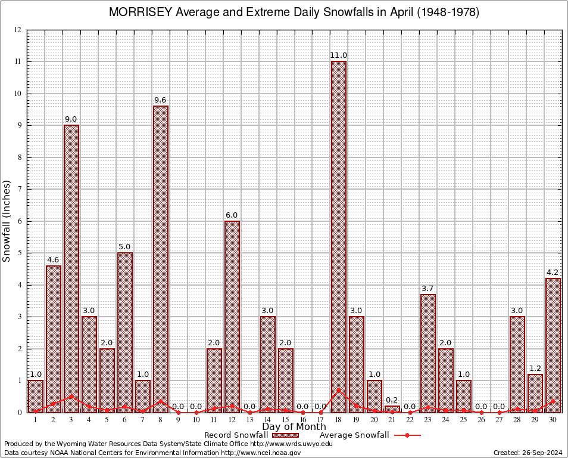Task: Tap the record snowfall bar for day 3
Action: (71, 268)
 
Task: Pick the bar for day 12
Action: (232, 316)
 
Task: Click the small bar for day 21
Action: (392, 409)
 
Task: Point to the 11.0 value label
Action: (339, 55)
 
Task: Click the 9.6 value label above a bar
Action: (161, 100)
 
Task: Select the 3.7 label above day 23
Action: (428, 289)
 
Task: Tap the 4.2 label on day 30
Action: (553, 273)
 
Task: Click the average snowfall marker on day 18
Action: (339, 390)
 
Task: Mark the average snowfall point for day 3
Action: (71, 396)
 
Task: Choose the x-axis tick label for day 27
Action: (500, 420)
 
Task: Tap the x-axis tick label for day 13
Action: (250, 420)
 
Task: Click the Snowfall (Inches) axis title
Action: (7, 221)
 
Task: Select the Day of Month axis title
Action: (294, 427)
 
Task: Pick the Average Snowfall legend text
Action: (354, 435)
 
